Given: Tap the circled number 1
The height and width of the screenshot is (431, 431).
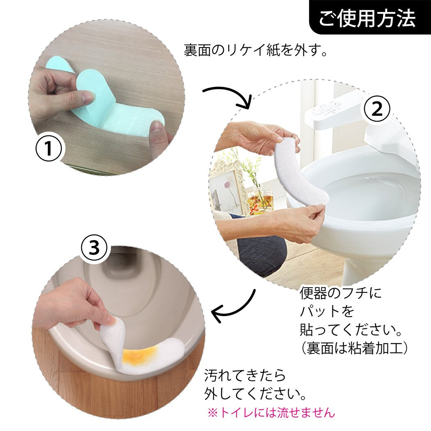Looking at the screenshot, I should tap(49, 149).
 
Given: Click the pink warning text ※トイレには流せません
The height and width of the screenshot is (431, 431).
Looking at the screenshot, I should tap(271, 412).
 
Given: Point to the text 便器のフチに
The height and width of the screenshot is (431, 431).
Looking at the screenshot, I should tap(340, 293).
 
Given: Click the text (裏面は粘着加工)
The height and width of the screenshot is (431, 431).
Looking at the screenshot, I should tap(353, 348).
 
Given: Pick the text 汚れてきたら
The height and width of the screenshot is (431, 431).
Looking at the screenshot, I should tap(245, 375).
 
